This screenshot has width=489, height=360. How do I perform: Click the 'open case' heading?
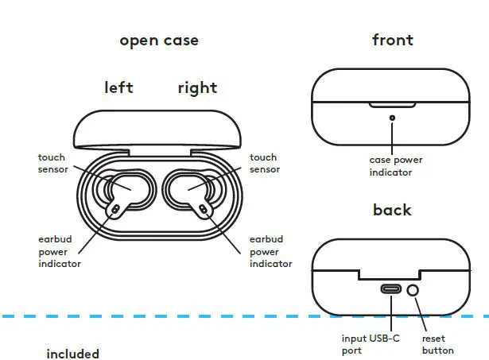point(159,41)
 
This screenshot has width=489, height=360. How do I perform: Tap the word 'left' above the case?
point(118,87)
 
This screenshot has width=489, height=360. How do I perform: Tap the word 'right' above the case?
point(197,87)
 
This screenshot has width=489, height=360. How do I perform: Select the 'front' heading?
point(393,40)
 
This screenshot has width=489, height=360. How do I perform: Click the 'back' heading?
point(392,210)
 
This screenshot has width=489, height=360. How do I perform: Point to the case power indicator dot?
point(391,118)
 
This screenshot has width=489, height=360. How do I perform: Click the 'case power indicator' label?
point(390,166)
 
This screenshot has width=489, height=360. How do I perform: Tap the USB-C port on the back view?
point(391,289)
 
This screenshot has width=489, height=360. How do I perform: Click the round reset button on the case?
point(413,290)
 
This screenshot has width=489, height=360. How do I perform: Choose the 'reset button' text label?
point(438,344)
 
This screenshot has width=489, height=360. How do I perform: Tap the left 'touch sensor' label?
point(52,164)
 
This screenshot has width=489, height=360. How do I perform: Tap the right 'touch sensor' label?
point(264,164)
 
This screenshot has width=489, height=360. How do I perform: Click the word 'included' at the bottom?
point(72,354)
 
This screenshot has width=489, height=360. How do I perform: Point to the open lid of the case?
point(157,130)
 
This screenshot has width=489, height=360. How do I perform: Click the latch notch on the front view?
point(391,103)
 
